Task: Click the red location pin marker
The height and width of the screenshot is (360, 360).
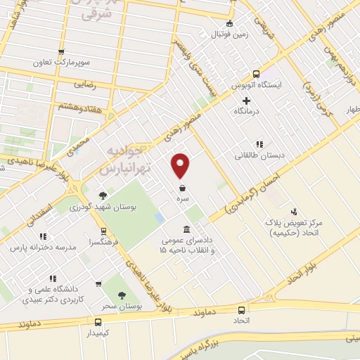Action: point(181,165)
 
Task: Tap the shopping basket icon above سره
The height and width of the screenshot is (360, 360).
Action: point(182,188)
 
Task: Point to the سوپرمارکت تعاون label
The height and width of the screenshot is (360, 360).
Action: point(63,62)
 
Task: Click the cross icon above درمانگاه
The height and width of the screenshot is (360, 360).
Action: point(246,101)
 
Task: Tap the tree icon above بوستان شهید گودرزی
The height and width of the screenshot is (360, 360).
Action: point(103,195)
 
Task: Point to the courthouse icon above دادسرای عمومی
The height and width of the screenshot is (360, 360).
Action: point(186,230)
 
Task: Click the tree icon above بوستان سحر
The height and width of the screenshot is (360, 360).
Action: point(122,297)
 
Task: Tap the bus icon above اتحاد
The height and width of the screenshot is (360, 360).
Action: point(242,309)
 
